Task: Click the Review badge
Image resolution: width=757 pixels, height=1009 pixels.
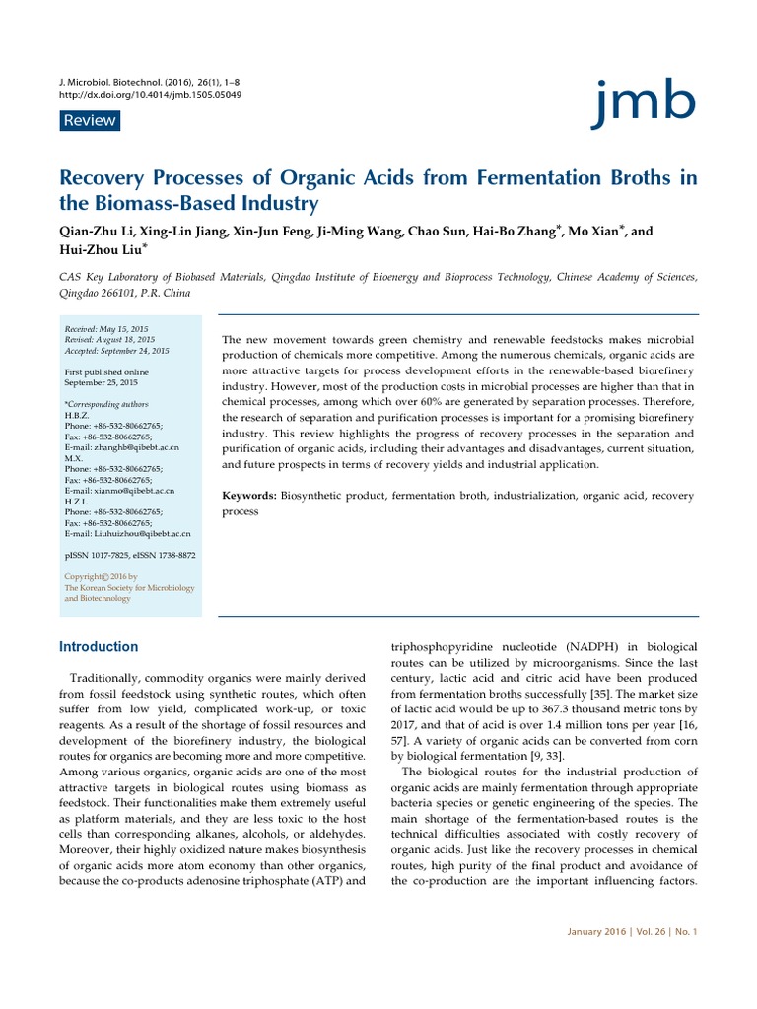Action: tap(90, 121)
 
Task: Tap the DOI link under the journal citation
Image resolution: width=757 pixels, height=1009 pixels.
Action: tap(151, 95)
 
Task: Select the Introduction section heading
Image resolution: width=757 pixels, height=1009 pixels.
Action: tap(99, 647)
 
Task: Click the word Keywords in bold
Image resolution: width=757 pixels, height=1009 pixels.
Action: tap(249, 496)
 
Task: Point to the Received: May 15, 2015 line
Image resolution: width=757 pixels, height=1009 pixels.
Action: tap(110, 329)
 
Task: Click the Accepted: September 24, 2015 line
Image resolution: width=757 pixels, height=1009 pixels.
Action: tap(116, 351)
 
